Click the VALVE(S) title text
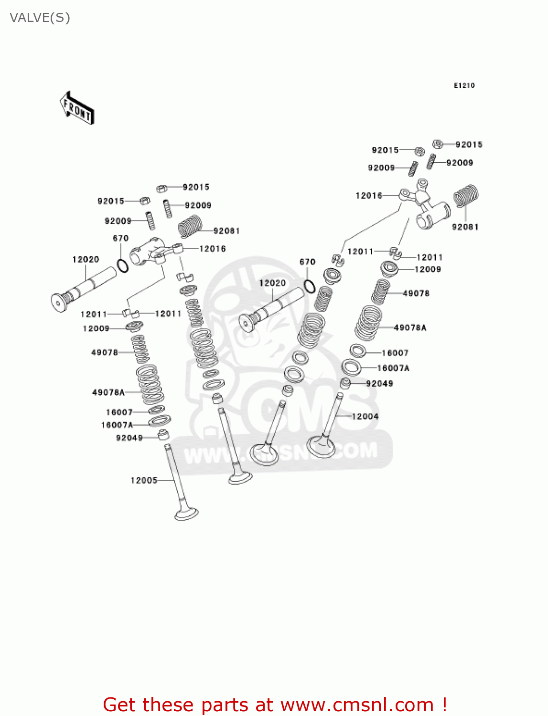point(40,18)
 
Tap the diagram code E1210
point(464,85)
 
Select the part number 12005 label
point(144,480)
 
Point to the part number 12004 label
point(365,416)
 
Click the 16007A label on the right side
point(393,368)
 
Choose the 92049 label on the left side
point(129,438)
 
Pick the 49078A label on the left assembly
point(108,392)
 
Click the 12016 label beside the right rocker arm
point(369,196)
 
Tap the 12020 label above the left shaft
point(86,259)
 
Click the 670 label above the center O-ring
point(307,262)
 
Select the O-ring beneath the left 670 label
point(123,265)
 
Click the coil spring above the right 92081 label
point(465,196)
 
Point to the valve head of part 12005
point(187,514)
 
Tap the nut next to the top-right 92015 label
point(437,144)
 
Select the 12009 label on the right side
point(428,269)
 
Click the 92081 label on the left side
point(226,231)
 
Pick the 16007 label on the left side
point(119,412)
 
